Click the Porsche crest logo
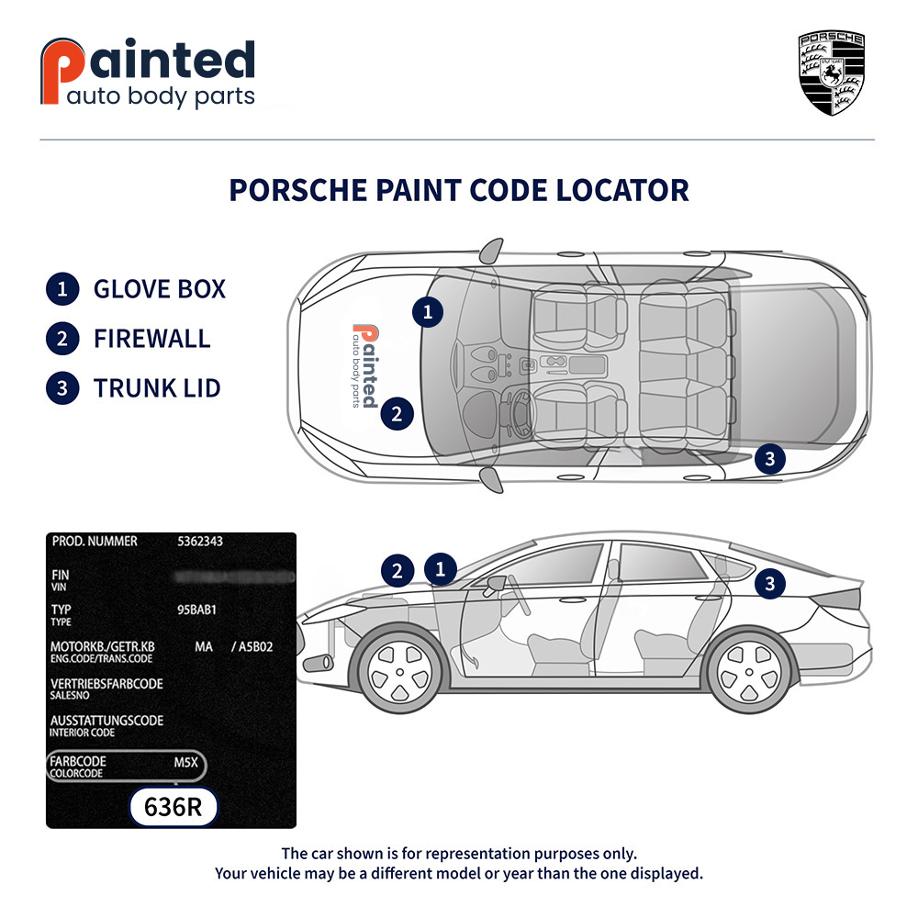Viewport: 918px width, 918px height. pos(831,73)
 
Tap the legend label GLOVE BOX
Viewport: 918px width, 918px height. pos(159,289)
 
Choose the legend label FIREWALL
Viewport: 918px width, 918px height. pos(151,338)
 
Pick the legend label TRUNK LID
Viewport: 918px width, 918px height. pos(157,387)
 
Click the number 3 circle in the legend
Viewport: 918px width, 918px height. pos(62,387)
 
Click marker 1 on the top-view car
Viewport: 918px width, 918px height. pos(427,312)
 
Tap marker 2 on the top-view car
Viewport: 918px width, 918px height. pos(397,414)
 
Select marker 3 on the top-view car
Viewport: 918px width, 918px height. pos(769,458)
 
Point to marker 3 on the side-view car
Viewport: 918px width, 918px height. pos(769,583)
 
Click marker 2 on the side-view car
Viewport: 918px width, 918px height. pos(397,571)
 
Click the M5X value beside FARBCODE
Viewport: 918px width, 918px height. pos(187,762)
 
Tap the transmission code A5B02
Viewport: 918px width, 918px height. pos(256,647)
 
